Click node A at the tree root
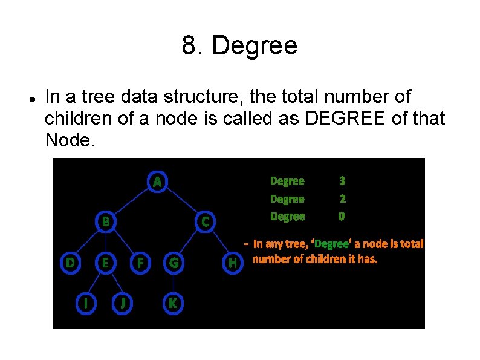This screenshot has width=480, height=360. coord(157,181)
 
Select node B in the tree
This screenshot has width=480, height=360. coord(105,221)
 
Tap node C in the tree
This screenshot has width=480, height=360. coord(206,221)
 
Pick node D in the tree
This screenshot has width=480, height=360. coord(71,263)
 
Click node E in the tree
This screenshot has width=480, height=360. coord(105,263)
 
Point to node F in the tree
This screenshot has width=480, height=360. coord(140,263)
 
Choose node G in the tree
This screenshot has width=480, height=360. coord(174,263)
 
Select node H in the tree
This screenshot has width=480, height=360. coord(232,263)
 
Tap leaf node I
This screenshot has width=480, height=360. coord(88,303)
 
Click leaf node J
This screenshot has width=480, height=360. coord(123,303)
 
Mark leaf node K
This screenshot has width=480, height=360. coord(173,303)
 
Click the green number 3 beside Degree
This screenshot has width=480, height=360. coord(342,180)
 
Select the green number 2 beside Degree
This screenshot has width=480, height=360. coord(342,198)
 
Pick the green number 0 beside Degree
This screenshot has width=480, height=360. coord(342,216)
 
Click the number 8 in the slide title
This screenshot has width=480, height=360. coord(188,46)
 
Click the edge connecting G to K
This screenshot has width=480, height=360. coord(174,283)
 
